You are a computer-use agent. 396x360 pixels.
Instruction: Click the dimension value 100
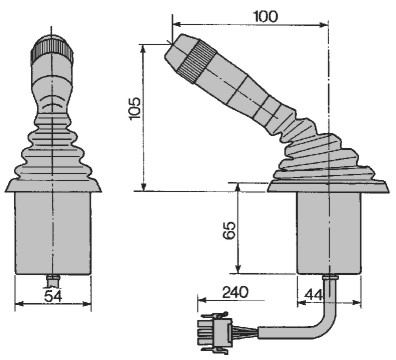click(x=265, y=16)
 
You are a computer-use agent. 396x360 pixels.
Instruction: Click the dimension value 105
click(x=135, y=108)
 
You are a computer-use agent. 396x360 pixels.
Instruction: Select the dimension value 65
click(x=229, y=230)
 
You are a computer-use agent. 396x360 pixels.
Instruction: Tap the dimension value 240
click(x=235, y=292)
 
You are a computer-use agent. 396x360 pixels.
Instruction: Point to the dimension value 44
click(x=314, y=294)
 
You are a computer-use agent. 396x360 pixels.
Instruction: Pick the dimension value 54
click(x=53, y=296)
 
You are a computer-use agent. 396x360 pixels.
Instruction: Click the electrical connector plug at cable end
click(x=215, y=333)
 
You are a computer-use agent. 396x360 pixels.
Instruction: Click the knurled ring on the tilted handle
click(x=197, y=62)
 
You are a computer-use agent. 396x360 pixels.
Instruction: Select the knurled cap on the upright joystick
click(x=52, y=47)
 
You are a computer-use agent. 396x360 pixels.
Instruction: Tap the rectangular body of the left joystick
click(x=53, y=233)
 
